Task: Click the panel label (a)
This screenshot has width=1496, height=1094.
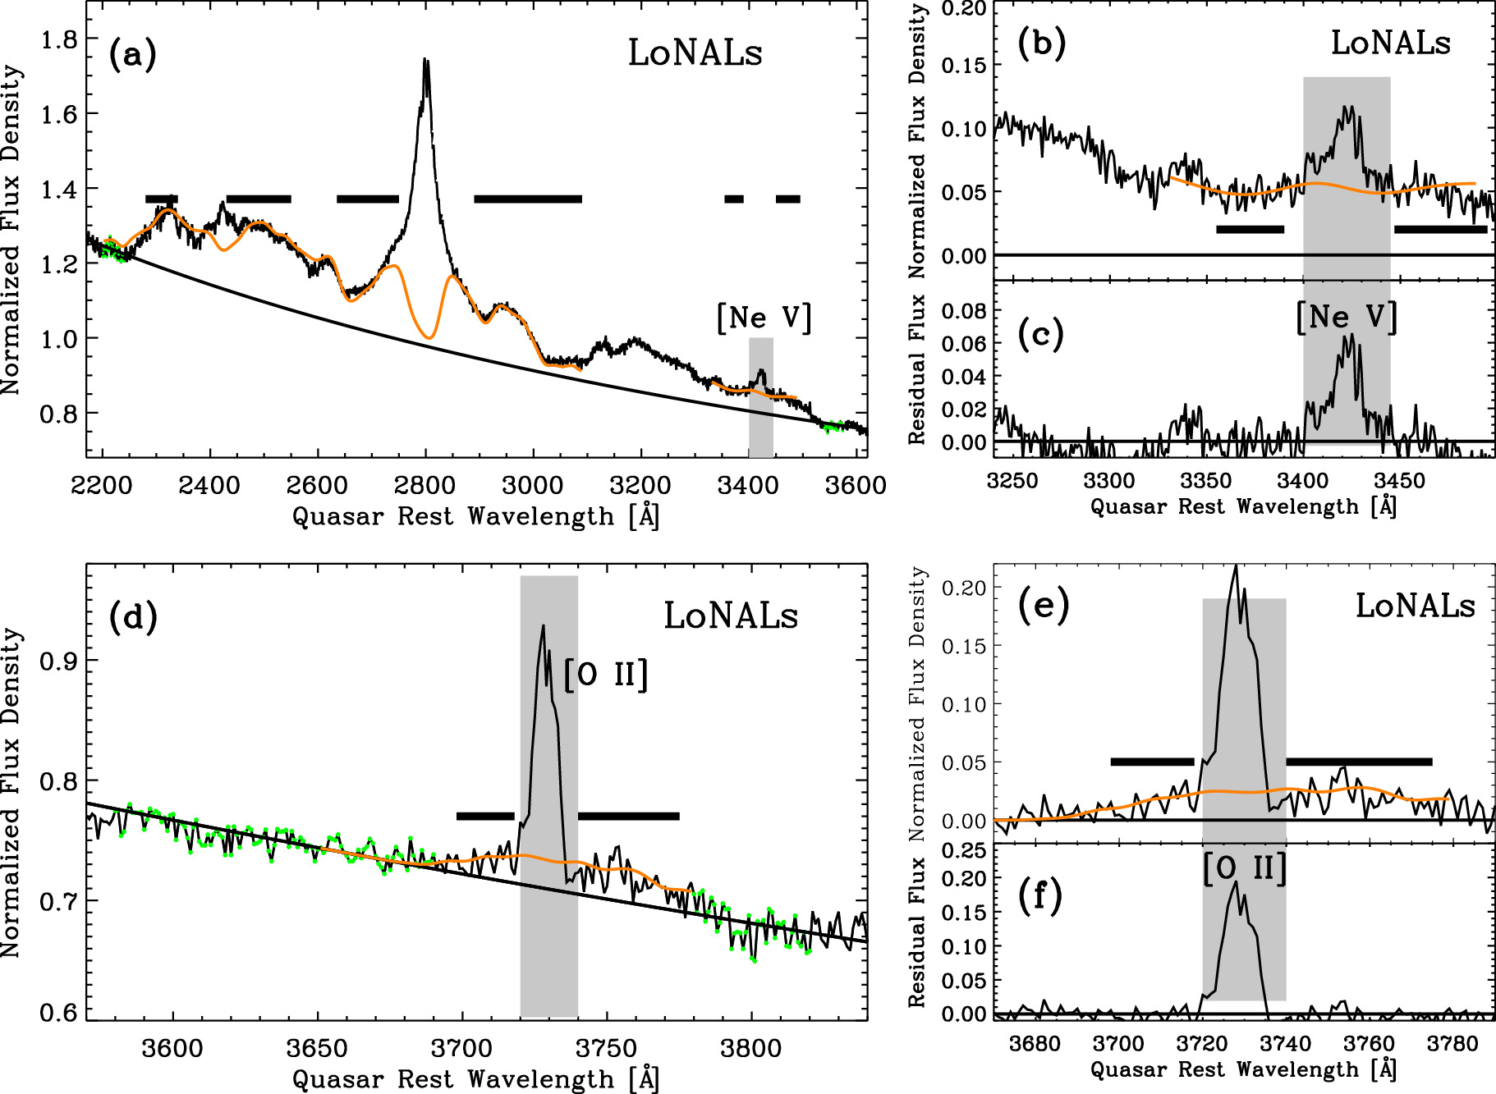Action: pyautogui.click(x=132, y=55)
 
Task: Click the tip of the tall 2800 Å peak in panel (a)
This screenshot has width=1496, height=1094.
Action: pyautogui.click(x=425, y=60)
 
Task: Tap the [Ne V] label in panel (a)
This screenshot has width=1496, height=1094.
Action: pyautogui.click(x=764, y=318)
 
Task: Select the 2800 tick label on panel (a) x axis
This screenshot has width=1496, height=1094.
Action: pyautogui.click(x=424, y=485)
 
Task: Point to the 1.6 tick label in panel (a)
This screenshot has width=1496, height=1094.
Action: pyautogui.click(x=58, y=114)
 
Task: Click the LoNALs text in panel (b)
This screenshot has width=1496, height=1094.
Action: pyautogui.click(x=1390, y=43)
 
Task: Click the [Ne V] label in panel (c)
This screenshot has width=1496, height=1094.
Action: pyautogui.click(x=1347, y=318)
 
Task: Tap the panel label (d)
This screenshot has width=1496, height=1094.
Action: pyautogui.click(x=132, y=618)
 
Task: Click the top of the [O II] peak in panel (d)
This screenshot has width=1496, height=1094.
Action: pyautogui.click(x=543, y=627)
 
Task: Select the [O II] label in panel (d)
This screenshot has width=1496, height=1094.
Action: pyautogui.click(x=606, y=675)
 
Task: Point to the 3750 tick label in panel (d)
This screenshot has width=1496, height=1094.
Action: pyautogui.click(x=606, y=1048)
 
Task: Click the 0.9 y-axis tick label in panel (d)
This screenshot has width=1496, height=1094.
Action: pyautogui.click(x=58, y=661)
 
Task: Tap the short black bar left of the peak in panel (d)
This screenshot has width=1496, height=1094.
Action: pyautogui.click(x=485, y=816)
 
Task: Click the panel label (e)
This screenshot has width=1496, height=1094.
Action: pyautogui.click(x=1043, y=607)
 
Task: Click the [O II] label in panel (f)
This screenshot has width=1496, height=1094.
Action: pyautogui.click(x=1244, y=868)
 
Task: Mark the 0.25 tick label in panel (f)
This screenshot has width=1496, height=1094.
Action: pyautogui.click(x=964, y=850)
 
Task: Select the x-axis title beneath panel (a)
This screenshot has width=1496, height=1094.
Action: pyautogui.click(x=476, y=516)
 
